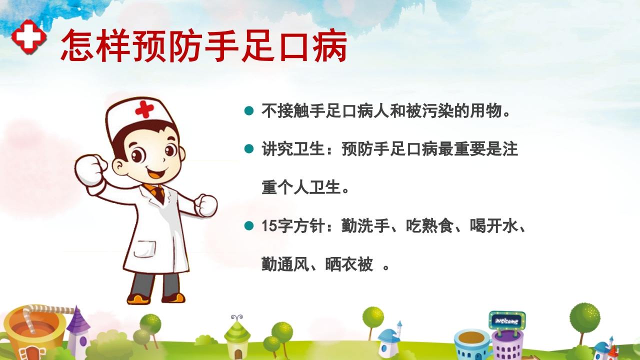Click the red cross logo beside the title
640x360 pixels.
click(x=28, y=36)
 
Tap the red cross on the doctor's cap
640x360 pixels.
click(x=144, y=108)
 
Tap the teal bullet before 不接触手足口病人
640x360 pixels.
click(x=249, y=110)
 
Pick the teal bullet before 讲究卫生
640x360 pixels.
click(x=249, y=149)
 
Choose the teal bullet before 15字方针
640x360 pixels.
click(x=249, y=226)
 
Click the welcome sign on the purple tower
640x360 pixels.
click(x=506, y=320)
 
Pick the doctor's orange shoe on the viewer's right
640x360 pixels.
click(x=173, y=298)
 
